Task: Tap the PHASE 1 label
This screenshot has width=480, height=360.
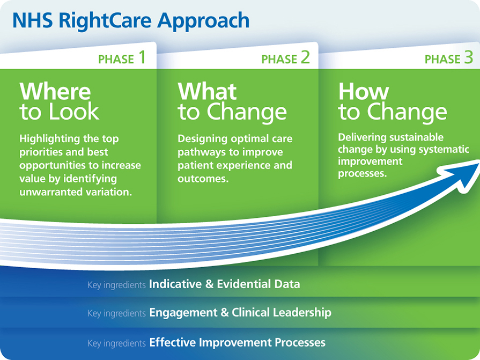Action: click(x=122, y=58)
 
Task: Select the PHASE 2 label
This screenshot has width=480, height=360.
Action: click(x=285, y=58)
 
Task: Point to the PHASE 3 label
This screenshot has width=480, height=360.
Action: click(x=449, y=58)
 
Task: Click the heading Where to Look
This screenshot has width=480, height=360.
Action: click(x=60, y=101)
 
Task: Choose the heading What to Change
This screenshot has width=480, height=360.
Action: click(x=232, y=101)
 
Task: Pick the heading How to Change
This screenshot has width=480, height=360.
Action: click(x=392, y=101)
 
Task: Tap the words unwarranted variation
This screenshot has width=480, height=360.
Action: click(x=76, y=192)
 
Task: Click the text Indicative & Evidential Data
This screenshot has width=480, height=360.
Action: click(x=224, y=284)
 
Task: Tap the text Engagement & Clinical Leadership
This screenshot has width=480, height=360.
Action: click(x=240, y=312)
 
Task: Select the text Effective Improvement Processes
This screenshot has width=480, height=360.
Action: click(x=237, y=342)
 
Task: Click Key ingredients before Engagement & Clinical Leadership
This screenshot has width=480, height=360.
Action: click(x=116, y=313)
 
